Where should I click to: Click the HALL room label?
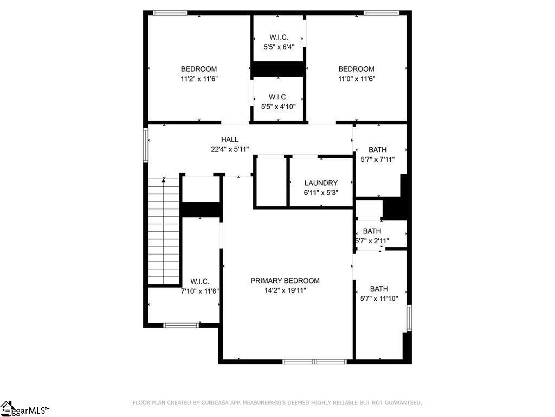(230, 140)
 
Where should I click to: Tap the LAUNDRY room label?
(321, 183)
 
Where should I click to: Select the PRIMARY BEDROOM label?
(285, 281)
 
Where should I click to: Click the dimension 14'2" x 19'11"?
(285, 290)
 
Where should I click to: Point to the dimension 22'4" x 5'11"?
(230, 149)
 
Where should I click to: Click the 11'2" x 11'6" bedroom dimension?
(199, 79)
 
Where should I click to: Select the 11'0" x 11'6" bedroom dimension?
(357, 79)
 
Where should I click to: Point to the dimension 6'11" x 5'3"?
(321, 193)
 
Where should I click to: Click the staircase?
(164, 231)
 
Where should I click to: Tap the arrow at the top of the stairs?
(164, 180)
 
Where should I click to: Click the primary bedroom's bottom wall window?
(314, 362)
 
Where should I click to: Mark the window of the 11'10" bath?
(409, 318)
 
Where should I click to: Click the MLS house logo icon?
(7, 408)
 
